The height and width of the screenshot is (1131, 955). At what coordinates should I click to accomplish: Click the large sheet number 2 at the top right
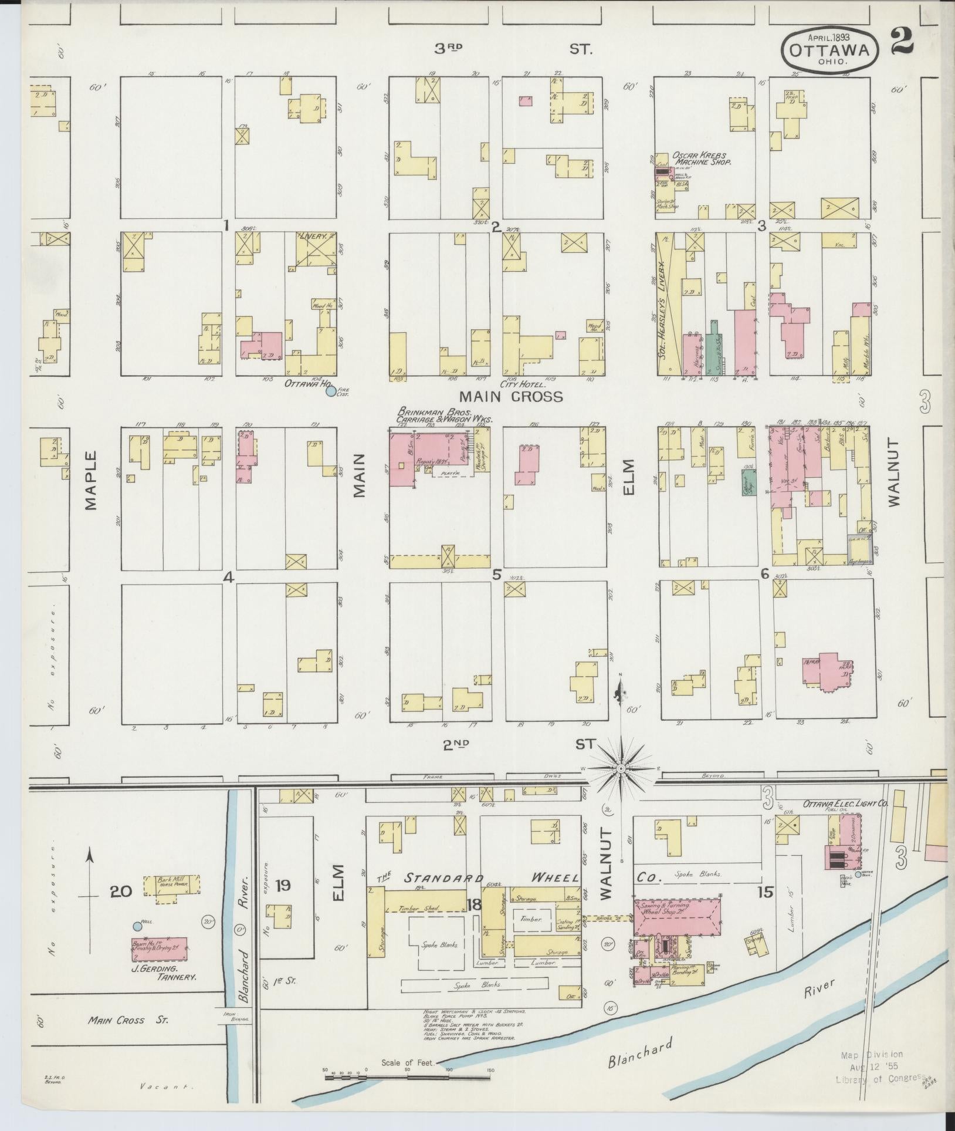[902, 42]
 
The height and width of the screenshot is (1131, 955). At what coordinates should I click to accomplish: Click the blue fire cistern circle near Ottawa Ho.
[331, 391]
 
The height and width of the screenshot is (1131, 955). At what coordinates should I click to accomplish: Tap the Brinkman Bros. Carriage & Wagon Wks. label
[444, 416]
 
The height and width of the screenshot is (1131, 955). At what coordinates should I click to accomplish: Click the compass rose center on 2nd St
[621, 768]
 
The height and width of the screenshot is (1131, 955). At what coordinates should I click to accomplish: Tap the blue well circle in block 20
[137, 926]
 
